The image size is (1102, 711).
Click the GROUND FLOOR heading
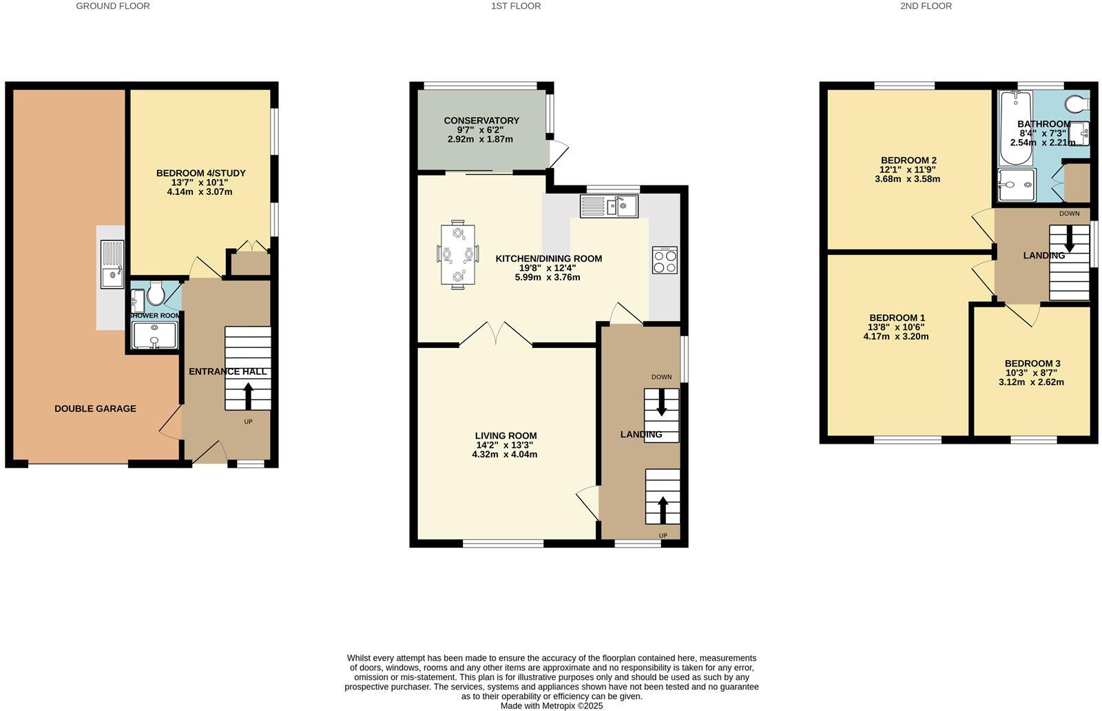coord(112,6)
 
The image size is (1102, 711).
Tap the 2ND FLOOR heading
coord(925,6)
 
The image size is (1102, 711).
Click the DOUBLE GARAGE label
coord(95,409)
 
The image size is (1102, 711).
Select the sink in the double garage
coord(112,265)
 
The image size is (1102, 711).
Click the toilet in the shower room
coord(155,295)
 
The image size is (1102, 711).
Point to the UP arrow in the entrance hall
coord(248,397)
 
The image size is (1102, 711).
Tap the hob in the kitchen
coord(665,260)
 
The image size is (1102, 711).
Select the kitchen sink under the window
coord(610,206)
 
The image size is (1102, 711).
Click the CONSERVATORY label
coord(481,121)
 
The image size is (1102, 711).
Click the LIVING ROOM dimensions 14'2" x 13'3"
coord(506,445)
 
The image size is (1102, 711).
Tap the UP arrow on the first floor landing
coord(663,510)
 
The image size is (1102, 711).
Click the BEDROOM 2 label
coord(908,161)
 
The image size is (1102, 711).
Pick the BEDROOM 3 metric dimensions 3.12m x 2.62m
coord(1031,382)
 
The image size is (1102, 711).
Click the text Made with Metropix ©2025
coord(551,705)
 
